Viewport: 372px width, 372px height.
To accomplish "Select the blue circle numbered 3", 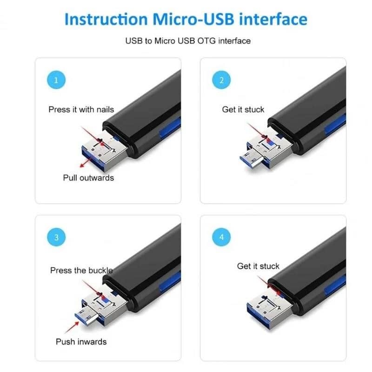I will pyautogui.click(x=56, y=237).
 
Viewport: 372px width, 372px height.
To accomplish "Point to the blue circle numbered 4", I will pyautogui.click(x=221, y=237).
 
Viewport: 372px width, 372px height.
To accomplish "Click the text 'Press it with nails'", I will pyautogui.click(x=81, y=110).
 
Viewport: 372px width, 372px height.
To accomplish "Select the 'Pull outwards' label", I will pyautogui.click(x=88, y=178).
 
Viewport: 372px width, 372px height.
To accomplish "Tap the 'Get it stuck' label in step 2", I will pyautogui.click(x=243, y=110).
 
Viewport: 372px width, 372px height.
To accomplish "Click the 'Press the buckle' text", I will pyautogui.click(x=81, y=270).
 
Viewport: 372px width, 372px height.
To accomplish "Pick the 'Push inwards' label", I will pyautogui.click(x=81, y=342).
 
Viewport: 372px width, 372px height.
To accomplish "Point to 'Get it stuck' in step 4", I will pyautogui.click(x=258, y=266).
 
